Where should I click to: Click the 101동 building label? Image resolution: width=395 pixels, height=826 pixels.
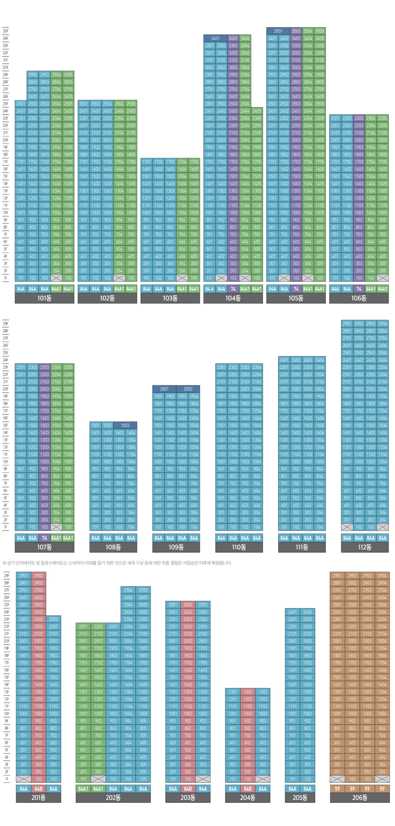click(x=44, y=298)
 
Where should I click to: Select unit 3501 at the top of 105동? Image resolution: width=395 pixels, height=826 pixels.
click(x=278, y=31)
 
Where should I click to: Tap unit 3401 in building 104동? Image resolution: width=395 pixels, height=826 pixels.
click(x=215, y=38)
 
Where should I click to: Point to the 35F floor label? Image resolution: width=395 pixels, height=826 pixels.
click(x=6, y=31)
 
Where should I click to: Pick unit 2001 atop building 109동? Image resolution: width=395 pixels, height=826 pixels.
click(x=164, y=389)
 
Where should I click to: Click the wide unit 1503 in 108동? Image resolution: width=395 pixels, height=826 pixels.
click(x=125, y=425)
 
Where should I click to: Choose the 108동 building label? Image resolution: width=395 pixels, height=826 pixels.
click(x=113, y=547)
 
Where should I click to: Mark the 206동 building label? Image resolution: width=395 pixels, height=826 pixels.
click(x=359, y=797)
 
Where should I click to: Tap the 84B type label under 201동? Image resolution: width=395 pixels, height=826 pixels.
click(x=39, y=788)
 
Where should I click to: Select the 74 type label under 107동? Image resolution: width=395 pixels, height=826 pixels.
click(x=44, y=538)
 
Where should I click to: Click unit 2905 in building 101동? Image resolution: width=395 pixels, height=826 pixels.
click(x=68, y=75)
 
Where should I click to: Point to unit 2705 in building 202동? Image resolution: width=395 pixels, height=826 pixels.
click(x=143, y=590)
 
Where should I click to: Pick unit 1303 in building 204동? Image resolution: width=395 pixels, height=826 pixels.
click(x=263, y=692)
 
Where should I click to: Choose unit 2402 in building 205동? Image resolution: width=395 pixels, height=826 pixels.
click(x=307, y=612)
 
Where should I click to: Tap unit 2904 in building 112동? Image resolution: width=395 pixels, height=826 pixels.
click(x=382, y=323)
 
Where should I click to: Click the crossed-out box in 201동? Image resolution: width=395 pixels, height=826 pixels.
click(x=24, y=779)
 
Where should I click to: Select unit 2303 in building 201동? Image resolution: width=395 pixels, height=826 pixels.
click(x=54, y=619)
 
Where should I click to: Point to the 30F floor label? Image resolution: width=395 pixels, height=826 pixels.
click(x=6, y=67)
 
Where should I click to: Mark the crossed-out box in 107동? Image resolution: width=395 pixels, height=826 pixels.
click(x=56, y=527)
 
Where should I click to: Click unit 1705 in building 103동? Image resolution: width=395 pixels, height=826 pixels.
click(x=194, y=162)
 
